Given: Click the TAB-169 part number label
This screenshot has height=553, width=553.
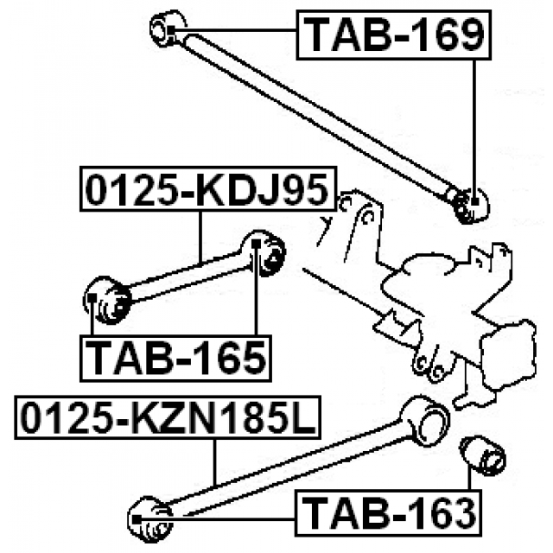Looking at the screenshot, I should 393,35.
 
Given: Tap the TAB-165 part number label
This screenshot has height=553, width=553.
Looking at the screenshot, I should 175,358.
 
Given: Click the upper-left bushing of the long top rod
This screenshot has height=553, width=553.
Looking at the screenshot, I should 168,29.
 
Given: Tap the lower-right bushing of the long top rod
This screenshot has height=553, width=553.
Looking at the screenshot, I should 471,204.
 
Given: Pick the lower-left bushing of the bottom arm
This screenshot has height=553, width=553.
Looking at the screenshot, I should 149,517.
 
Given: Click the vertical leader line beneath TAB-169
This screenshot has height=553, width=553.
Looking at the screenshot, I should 475,121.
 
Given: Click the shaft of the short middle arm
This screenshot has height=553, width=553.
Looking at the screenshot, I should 186,275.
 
